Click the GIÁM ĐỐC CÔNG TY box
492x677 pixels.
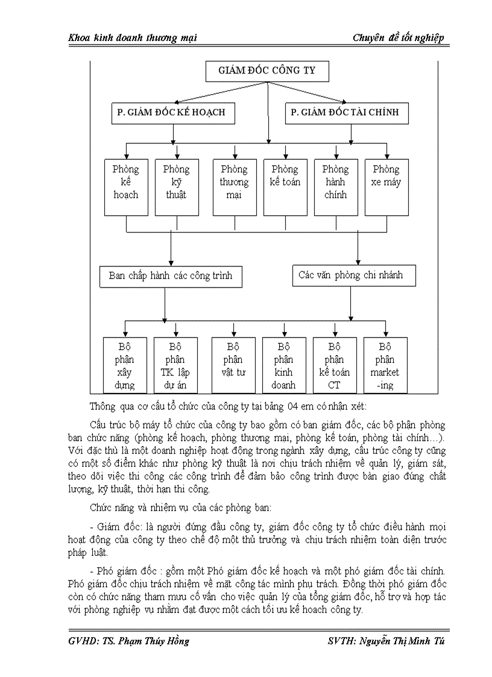coord(268,71)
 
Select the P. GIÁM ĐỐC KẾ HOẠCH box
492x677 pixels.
coord(174,113)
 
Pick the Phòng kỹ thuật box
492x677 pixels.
coord(176,187)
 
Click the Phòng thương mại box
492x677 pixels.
coord(234,187)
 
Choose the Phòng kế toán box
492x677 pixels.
coord(285,187)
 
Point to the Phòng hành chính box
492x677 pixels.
coord(335,187)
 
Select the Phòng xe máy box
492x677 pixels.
coord(386,187)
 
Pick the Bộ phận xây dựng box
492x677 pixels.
coord(125,365)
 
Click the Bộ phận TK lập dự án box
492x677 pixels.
coord(176,365)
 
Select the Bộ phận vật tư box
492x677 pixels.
coord(234,365)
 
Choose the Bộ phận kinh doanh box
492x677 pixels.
coord(285,365)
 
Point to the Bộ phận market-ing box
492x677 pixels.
coord(386,365)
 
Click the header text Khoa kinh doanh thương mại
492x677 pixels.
coord(133,38)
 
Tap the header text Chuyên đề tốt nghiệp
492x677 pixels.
coord(399,38)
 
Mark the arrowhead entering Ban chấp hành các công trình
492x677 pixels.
coord(171,263)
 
